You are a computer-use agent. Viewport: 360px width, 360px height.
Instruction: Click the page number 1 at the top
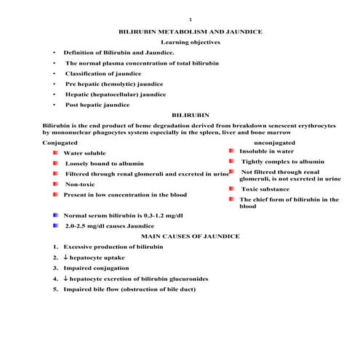click(x=190, y=19)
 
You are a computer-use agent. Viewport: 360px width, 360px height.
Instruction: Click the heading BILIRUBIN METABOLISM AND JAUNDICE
click(x=190, y=32)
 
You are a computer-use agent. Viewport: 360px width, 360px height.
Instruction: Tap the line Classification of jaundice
click(x=103, y=73)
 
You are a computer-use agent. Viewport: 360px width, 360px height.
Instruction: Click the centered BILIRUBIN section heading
click(x=190, y=115)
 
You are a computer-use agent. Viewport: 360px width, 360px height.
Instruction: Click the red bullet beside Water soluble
click(x=56, y=153)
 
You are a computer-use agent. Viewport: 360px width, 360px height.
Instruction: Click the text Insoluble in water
click(x=267, y=151)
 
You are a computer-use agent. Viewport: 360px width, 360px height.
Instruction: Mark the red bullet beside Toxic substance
click(x=231, y=188)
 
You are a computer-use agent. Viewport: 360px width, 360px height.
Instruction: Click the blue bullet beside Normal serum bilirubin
click(x=56, y=216)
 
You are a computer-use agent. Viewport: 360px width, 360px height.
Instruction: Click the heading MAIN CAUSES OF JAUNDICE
click(x=190, y=237)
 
